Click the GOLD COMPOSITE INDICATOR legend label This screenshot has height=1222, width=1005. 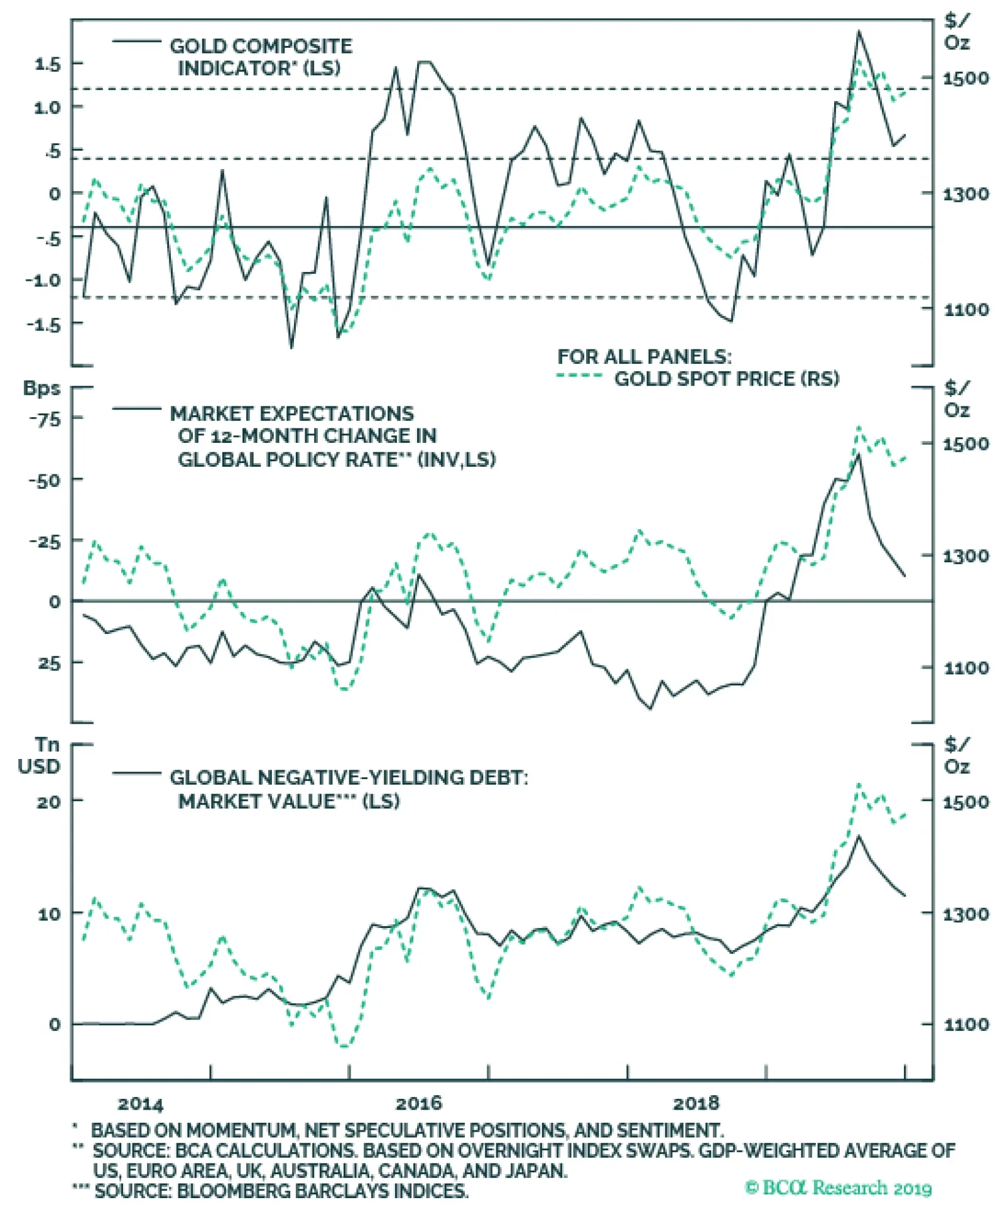click(261, 46)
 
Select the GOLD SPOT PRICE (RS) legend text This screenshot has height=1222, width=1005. click(726, 379)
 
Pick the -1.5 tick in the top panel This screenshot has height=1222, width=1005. click(44, 324)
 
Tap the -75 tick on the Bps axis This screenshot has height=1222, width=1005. click(45, 419)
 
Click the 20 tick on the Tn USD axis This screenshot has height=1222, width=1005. click(49, 802)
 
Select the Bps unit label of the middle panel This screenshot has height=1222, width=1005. click(42, 388)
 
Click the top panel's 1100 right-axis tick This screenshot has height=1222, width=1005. click(965, 309)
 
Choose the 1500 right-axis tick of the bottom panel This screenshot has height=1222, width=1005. click(965, 802)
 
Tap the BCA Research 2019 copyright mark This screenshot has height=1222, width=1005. click(838, 1187)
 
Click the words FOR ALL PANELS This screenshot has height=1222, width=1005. click(644, 357)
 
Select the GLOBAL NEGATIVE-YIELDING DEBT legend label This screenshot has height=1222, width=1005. click(349, 778)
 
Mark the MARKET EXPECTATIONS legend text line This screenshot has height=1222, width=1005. click(292, 413)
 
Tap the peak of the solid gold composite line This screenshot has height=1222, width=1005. click(858, 31)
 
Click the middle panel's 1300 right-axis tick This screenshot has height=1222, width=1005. click(965, 556)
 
